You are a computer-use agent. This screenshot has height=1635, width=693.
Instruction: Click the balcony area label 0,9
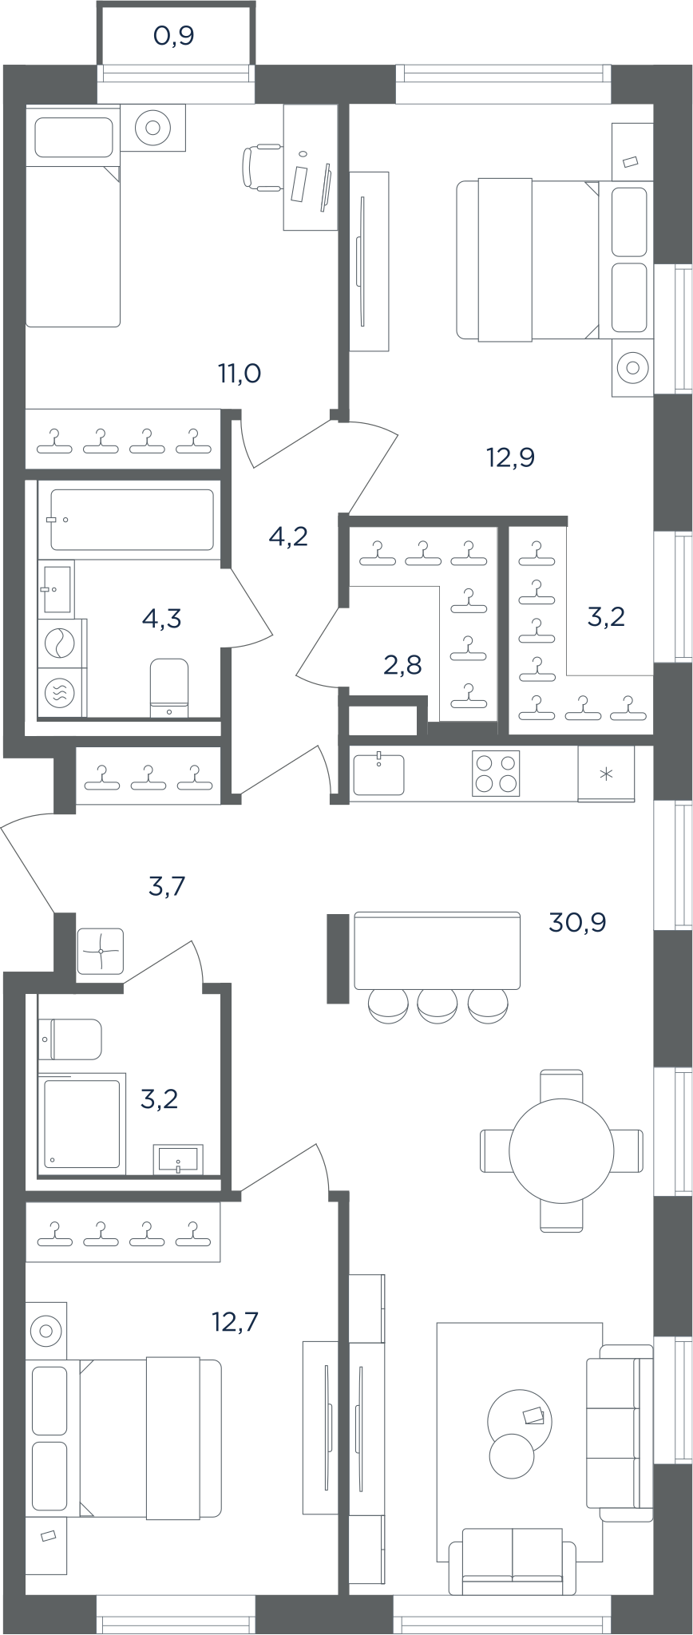174,36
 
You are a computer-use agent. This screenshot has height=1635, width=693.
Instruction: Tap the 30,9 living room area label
577,923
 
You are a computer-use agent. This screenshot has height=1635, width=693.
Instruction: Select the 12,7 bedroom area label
236,1323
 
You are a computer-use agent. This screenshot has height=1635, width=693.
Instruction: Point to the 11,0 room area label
240,373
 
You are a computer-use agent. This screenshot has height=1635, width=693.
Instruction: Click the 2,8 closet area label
402,663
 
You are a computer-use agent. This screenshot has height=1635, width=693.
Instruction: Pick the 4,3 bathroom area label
161,617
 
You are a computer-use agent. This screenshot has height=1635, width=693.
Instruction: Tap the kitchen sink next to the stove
378,774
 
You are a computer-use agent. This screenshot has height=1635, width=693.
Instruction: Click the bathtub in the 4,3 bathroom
133,520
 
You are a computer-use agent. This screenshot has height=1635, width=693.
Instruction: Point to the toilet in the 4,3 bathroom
168,687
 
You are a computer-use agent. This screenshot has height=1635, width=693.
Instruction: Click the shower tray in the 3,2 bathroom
81,1123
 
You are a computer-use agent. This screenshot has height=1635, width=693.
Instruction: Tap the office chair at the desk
261,167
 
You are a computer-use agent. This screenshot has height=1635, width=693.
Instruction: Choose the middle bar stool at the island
437,1005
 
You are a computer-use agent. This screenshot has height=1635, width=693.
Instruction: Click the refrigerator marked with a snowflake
606,774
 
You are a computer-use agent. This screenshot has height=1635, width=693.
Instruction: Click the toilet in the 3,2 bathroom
70,1039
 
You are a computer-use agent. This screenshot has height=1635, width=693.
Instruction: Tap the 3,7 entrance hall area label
168,885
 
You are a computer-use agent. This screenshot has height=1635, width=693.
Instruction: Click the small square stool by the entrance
101,951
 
